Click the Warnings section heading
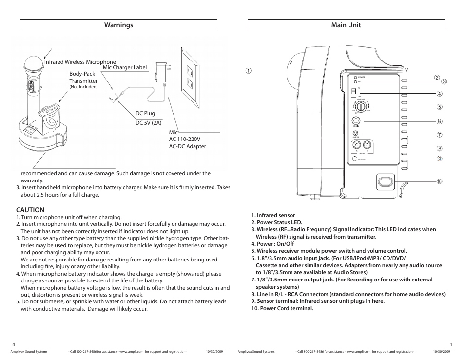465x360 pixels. coord(119,25)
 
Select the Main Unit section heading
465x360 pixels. coord(346,25)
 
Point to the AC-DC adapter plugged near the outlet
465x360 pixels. coord(160,71)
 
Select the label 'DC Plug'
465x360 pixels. coord(145,113)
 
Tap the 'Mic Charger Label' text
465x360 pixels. coord(124,67)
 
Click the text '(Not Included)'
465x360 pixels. coord(83,87)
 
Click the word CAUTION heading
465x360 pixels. coord(30,210)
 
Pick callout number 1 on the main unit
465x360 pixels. coord(248,70)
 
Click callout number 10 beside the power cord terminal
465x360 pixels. coord(439,181)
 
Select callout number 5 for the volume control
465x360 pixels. coord(439,107)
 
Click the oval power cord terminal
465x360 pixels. coord(385,182)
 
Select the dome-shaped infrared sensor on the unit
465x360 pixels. coord(294,71)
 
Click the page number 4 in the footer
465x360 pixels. coord(14,344)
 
